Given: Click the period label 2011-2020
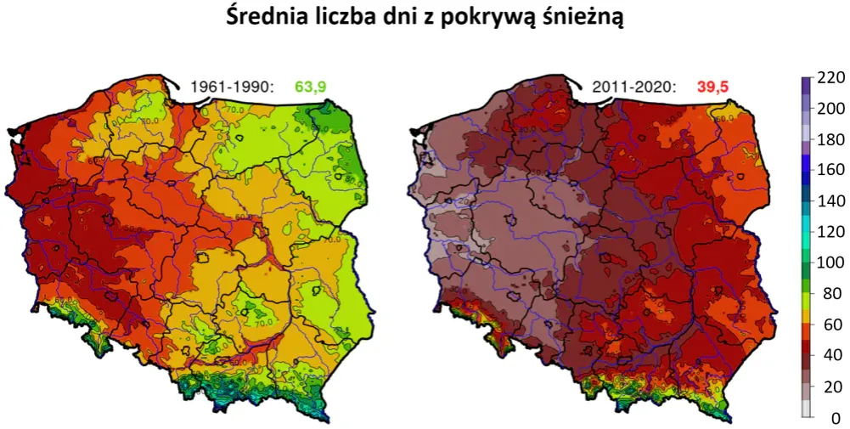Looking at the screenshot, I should coord(633,86).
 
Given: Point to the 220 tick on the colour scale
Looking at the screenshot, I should coord(830,77).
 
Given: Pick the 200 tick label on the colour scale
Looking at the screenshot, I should coord(830,109).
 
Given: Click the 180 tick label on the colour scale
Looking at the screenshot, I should coord(830,139).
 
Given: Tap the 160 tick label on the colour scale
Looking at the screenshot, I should coord(830,170).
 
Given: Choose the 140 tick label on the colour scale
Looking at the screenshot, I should coord(830,201).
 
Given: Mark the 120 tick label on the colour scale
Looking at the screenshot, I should coord(830,232).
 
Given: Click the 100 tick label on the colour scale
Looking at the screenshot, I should coord(830,262).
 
